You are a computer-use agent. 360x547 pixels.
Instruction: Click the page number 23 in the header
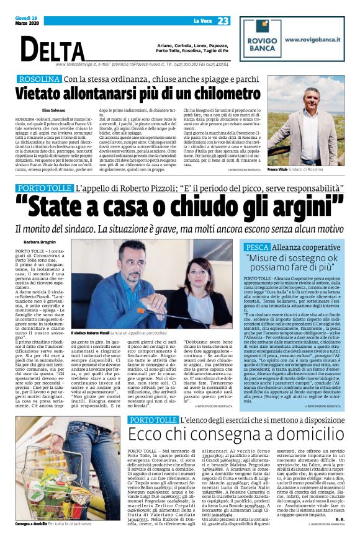pos(223,20)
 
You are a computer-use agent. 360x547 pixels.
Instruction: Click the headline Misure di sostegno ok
pos(301,257)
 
